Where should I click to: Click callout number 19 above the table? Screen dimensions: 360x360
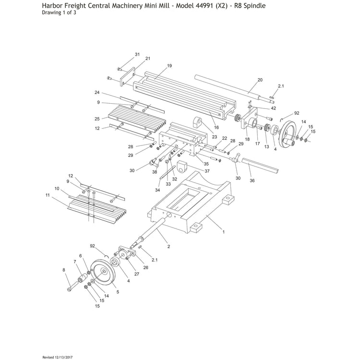pos(169,65)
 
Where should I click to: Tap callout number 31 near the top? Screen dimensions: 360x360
pos(137,54)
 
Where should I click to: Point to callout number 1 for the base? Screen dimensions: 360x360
pos(223,232)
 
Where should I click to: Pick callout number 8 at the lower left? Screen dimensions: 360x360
pos(64,270)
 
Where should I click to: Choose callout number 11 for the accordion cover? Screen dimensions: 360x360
pos(48,196)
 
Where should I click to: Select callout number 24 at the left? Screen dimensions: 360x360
pos(97,92)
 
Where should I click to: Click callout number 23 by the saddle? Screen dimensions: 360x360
pos(215,137)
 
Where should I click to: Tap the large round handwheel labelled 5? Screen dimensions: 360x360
pos(105,274)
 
